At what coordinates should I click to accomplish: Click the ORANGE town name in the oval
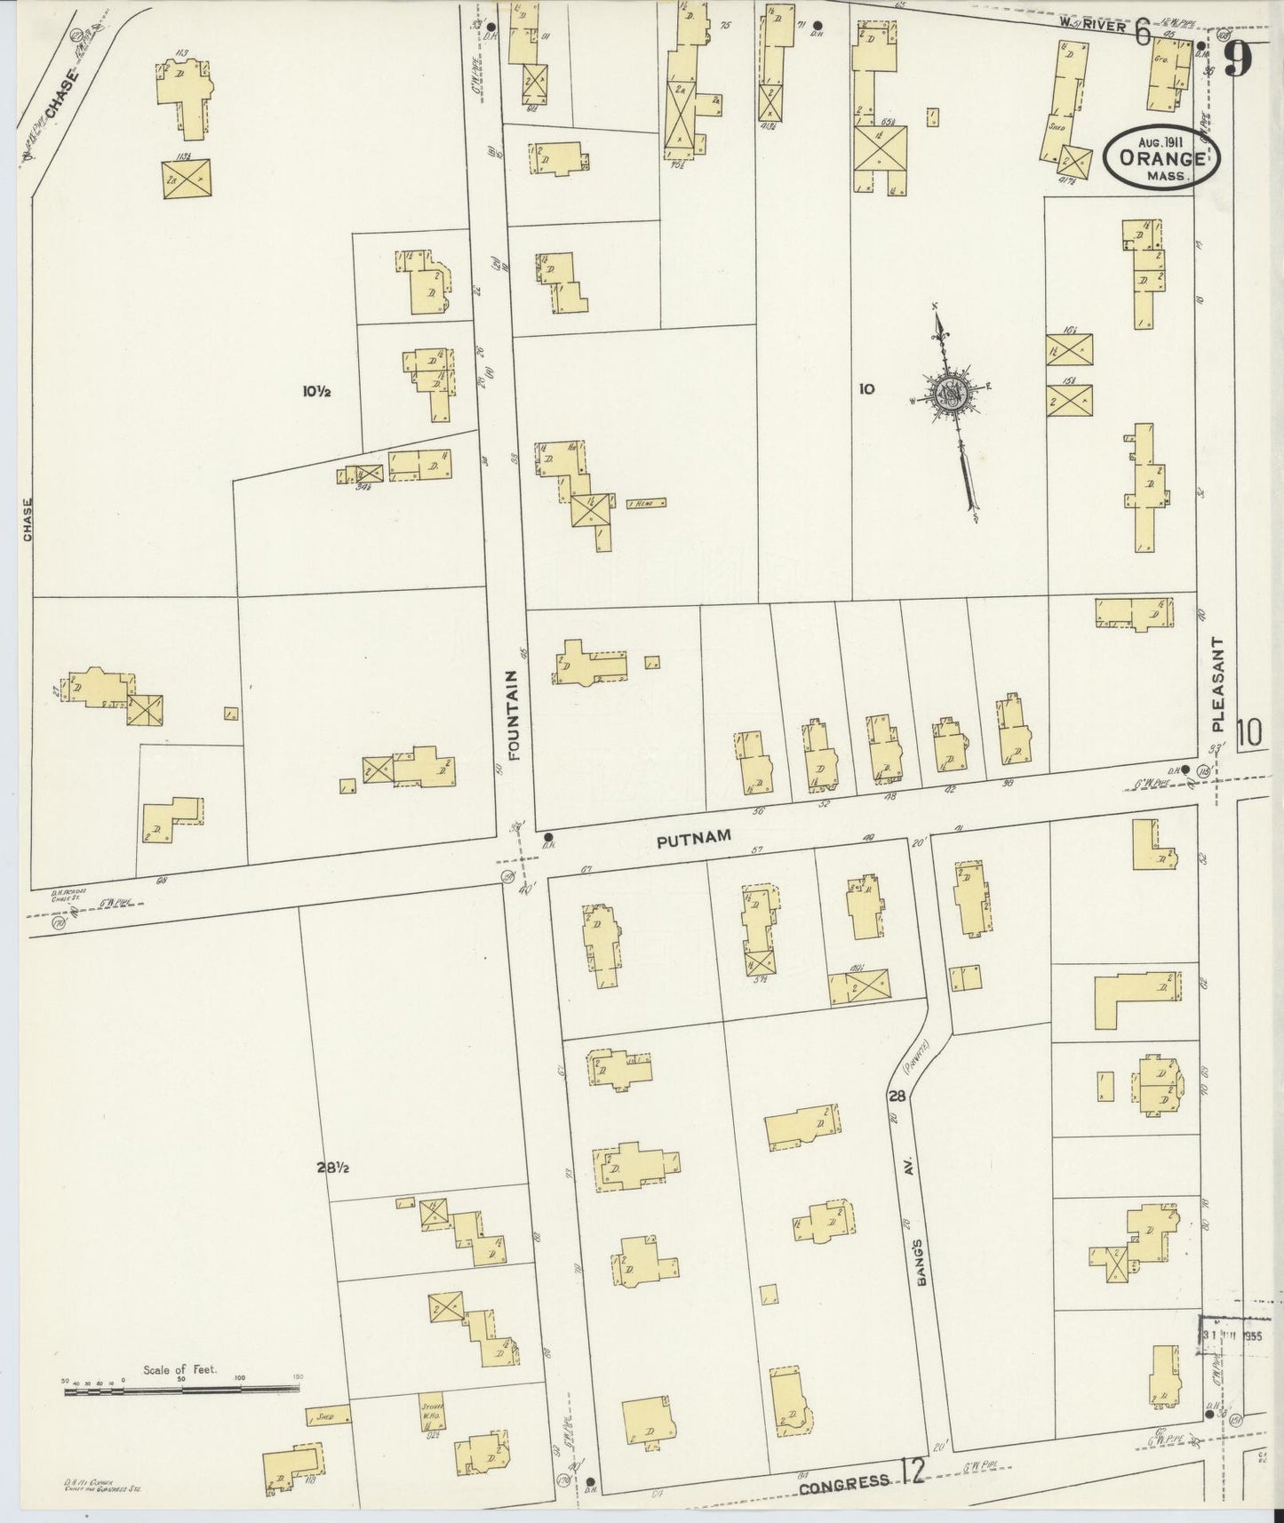[1162, 159]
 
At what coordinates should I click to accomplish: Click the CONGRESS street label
[843, 1480]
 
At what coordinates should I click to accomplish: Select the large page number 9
[1239, 61]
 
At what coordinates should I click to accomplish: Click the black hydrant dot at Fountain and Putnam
[548, 837]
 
